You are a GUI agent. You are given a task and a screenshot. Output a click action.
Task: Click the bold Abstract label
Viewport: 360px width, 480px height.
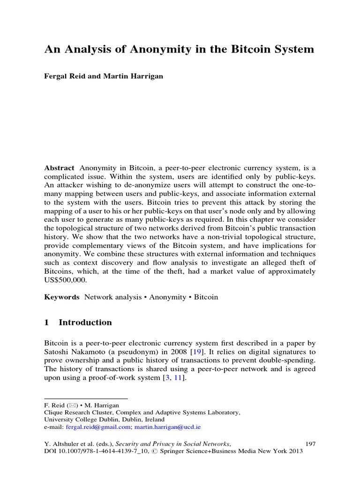pos(59,168)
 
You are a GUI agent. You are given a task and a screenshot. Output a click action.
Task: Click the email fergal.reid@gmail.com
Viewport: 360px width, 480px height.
pos(97,427)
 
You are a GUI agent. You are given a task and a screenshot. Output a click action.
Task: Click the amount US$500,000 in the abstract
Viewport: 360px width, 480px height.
pos(67,280)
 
